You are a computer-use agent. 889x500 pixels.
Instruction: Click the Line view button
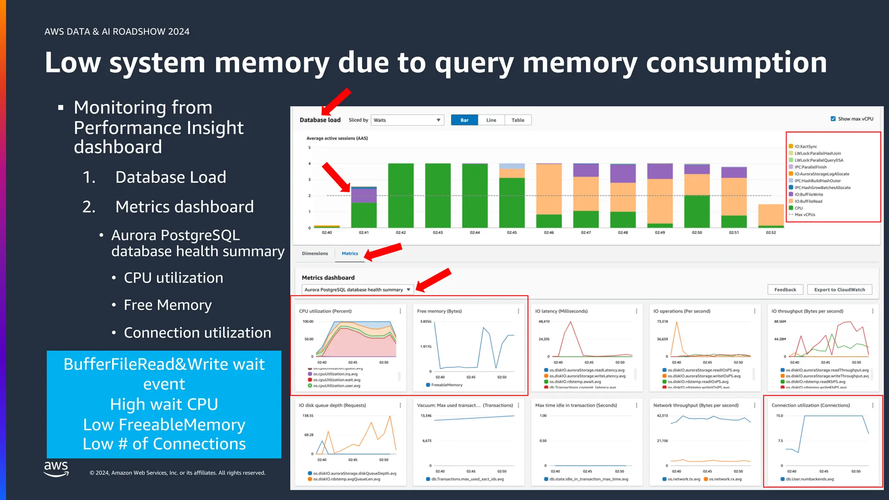click(x=491, y=120)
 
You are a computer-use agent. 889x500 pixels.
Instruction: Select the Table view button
click(x=517, y=120)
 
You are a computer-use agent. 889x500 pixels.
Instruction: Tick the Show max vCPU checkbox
click(x=833, y=119)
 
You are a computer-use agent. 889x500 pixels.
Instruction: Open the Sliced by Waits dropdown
click(x=407, y=120)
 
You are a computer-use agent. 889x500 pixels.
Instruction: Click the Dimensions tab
click(x=315, y=253)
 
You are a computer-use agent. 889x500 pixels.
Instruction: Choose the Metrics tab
click(x=350, y=253)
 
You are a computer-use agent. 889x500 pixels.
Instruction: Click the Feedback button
click(x=785, y=289)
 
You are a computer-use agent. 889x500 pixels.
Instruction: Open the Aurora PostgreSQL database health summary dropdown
click(x=357, y=289)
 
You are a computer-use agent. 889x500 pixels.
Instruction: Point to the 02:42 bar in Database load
click(x=401, y=195)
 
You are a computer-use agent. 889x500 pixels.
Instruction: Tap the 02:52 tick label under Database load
click(x=771, y=233)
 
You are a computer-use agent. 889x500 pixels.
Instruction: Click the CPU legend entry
click(x=798, y=208)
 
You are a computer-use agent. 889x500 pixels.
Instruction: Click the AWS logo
click(x=56, y=469)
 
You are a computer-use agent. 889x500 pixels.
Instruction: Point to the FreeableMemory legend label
click(x=447, y=385)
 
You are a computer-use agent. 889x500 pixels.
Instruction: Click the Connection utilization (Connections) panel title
click(x=810, y=405)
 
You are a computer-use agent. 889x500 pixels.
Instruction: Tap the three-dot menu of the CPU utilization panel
click(x=400, y=311)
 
